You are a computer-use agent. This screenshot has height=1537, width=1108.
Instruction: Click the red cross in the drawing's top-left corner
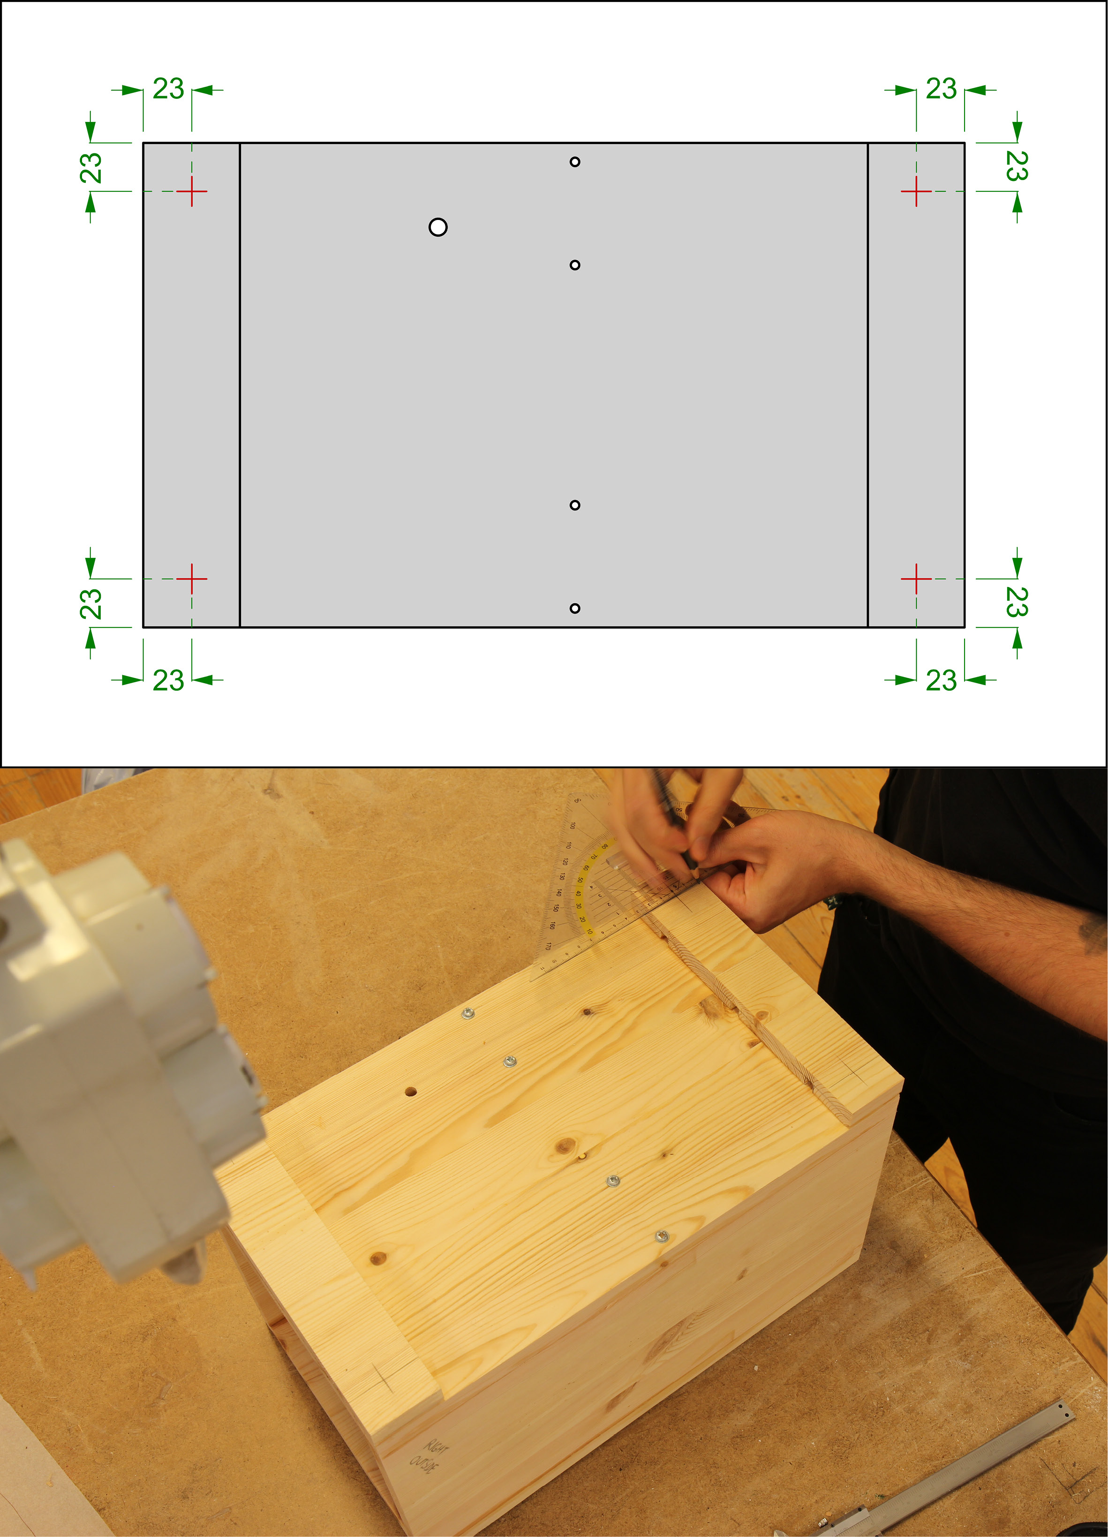[192, 192]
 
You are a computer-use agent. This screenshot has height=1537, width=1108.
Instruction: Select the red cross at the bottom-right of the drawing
[916, 579]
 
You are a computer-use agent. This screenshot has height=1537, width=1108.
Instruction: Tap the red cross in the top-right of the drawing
[916, 192]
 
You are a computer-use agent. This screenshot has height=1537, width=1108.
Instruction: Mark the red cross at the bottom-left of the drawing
[192, 579]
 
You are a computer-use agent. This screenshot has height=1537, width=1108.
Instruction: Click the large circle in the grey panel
[438, 227]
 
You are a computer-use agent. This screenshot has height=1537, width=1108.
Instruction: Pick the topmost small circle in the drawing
[575, 162]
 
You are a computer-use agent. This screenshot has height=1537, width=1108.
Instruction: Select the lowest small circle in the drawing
[575, 608]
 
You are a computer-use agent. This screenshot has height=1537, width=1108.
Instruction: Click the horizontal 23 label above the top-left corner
[168, 89]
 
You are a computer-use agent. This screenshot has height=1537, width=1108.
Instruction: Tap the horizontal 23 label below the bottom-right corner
[941, 680]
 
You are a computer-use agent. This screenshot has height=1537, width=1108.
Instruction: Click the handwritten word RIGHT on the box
[437, 1451]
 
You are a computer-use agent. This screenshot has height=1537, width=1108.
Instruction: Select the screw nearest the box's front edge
[662, 1237]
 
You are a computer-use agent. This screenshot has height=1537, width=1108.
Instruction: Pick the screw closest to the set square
[467, 1014]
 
